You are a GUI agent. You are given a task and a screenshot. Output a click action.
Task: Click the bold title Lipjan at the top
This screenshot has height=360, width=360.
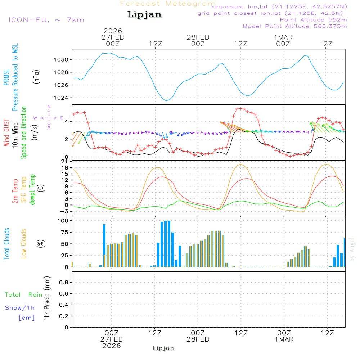144,14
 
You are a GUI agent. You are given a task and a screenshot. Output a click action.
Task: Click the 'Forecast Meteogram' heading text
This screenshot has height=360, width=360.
167,4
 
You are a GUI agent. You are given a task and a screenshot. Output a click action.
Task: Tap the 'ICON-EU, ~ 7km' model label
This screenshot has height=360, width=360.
46,20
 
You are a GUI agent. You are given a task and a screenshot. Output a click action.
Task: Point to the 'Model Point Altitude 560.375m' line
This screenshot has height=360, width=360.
294,26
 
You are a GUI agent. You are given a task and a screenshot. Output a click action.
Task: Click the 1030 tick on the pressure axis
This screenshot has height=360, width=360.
63,59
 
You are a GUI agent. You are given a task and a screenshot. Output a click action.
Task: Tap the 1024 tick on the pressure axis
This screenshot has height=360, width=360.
63,98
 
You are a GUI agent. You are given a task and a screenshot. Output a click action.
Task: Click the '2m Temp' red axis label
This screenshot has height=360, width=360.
15,191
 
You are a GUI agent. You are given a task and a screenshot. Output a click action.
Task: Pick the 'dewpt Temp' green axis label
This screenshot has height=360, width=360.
32,190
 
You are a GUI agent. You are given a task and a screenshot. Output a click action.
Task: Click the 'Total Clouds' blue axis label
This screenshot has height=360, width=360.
6,243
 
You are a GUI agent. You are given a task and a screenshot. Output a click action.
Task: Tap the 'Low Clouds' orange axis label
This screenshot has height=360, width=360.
24,243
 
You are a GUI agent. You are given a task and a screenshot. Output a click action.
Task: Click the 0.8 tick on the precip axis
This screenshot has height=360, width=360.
64,283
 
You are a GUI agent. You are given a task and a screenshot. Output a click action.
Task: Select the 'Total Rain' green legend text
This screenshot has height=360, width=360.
23,294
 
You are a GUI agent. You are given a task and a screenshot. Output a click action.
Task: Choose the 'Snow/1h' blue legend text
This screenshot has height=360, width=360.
20,308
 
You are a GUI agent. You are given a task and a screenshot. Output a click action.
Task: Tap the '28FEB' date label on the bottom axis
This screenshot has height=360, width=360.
198,339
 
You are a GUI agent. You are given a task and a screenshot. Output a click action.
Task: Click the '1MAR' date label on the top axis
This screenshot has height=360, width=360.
283,37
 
